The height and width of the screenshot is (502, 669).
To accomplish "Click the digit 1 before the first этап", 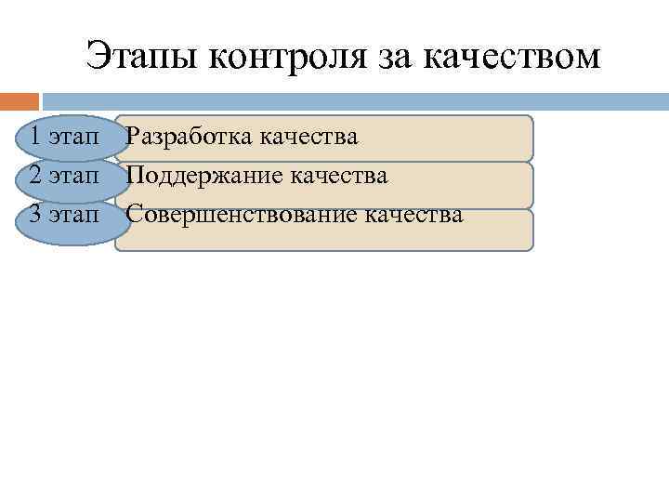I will [33, 137].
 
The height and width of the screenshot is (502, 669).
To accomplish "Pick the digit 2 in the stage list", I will [33, 175].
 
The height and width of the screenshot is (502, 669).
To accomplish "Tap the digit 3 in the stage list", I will [33, 215].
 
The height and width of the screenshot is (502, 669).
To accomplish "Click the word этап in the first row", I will [73, 138].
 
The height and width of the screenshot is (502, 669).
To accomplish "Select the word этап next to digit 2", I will [73, 176].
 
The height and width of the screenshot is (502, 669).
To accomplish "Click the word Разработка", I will [190, 138].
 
